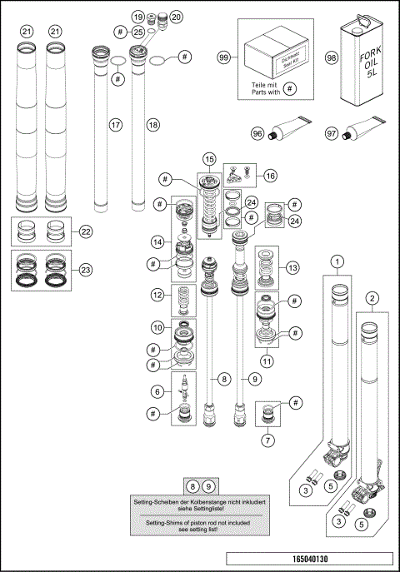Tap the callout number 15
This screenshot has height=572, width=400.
(x=209, y=158)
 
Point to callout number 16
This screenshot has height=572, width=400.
(x=269, y=176)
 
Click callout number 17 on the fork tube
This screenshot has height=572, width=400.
(x=114, y=124)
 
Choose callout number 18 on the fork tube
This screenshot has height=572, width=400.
(x=152, y=124)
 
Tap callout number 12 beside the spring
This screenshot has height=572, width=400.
(x=157, y=295)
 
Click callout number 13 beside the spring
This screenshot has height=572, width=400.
(x=292, y=268)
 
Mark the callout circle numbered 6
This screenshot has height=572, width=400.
(x=156, y=390)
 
